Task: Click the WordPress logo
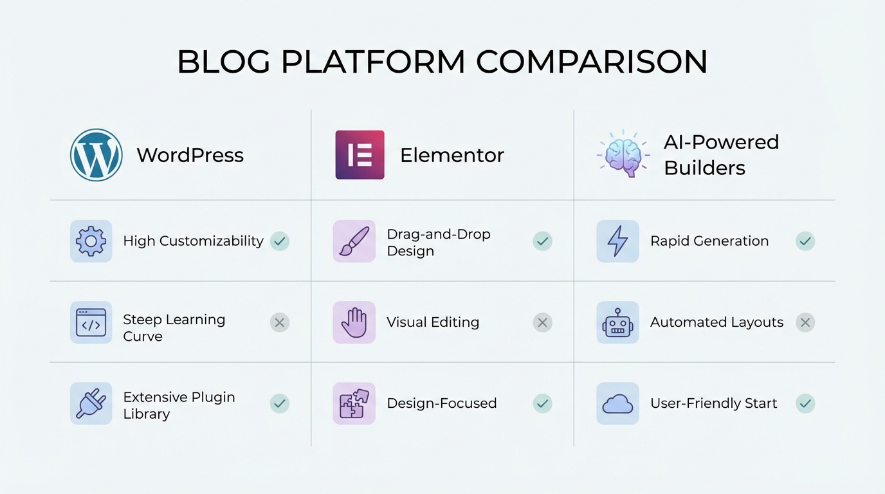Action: click(x=96, y=155)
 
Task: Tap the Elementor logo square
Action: click(x=360, y=155)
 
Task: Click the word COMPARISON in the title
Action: click(x=592, y=62)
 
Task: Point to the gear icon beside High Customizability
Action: click(x=91, y=241)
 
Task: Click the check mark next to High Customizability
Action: click(x=279, y=241)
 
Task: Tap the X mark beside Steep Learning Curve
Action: click(x=279, y=322)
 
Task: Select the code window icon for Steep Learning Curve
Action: click(x=91, y=322)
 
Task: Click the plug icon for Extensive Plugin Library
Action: click(x=91, y=403)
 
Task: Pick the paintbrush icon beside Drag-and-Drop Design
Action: click(x=354, y=241)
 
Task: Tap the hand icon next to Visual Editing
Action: click(x=354, y=322)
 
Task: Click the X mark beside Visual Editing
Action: click(x=542, y=322)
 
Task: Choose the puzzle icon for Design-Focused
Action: click(x=354, y=403)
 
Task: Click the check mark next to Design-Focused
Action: click(x=542, y=403)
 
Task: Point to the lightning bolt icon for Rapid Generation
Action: click(x=617, y=241)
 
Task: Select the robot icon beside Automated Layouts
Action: click(x=617, y=322)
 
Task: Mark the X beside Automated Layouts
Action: click(x=805, y=322)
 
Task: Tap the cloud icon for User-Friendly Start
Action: click(x=617, y=404)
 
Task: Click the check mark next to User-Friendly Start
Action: click(x=805, y=403)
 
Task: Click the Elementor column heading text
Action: click(x=452, y=156)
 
